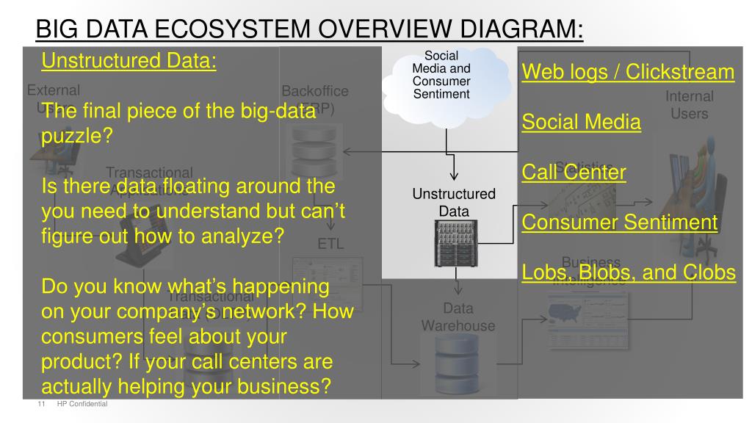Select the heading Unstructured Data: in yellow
(129, 60)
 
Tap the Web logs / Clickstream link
(628, 72)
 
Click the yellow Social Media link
(581, 122)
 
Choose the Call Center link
(574, 173)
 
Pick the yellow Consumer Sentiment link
(619, 222)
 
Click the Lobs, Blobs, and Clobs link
(628, 272)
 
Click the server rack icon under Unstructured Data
(453, 245)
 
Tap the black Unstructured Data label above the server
(453, 202)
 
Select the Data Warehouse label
(458, 317)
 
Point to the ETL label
(330, 244)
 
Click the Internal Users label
(689, 105)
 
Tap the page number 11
(41, 405)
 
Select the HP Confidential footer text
(82, 405)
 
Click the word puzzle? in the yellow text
(73, 135)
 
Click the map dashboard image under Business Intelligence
(583, 316)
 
